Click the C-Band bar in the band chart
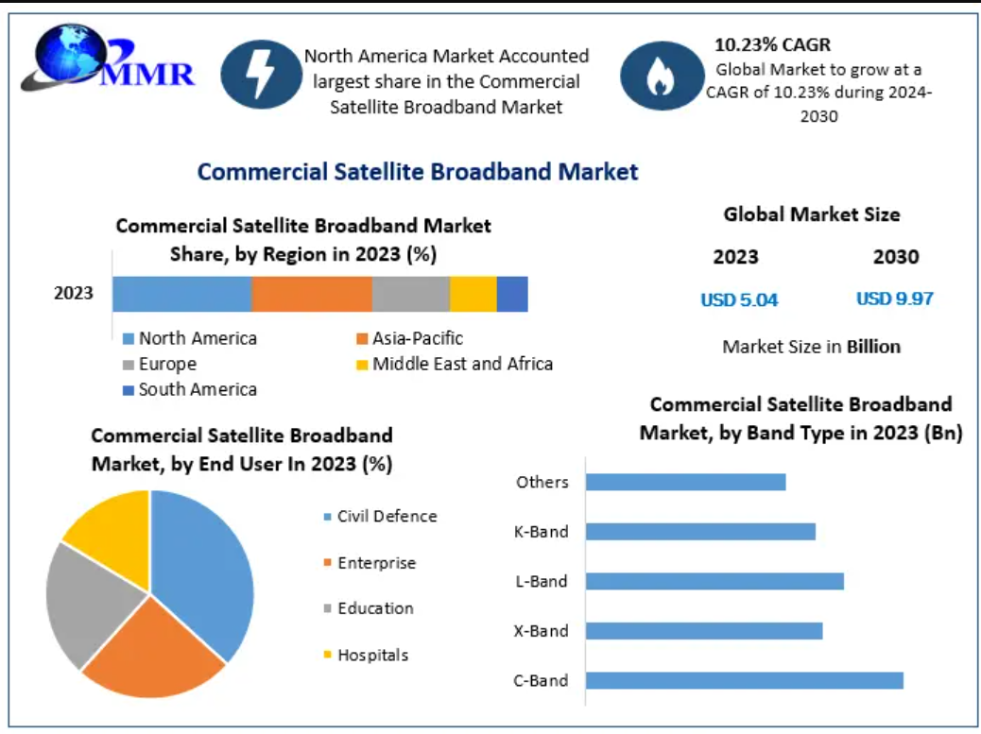coord(744,680)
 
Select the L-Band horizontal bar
coord(714,581)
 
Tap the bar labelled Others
coord(685,482)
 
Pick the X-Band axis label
coord(542,631)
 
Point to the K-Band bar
coord(700,531)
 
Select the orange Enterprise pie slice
coord(151,652)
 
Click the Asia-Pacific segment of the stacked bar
coord(312,294)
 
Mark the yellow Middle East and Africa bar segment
coord(473,294)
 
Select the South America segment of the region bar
coord(512,294)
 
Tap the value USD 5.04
coord(739,300)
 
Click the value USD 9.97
coord(895,299)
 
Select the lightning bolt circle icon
coord(260,74)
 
